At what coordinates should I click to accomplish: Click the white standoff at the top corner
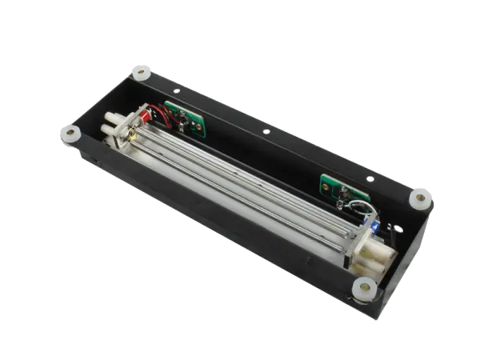[x=142, y=73]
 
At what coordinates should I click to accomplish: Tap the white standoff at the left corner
[x=67, y=131]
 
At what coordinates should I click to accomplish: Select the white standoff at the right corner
[x=419, y=196]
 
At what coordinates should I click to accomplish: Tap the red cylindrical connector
[x=145, y=119]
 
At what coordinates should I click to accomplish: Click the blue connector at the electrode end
[x=374, y=229]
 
